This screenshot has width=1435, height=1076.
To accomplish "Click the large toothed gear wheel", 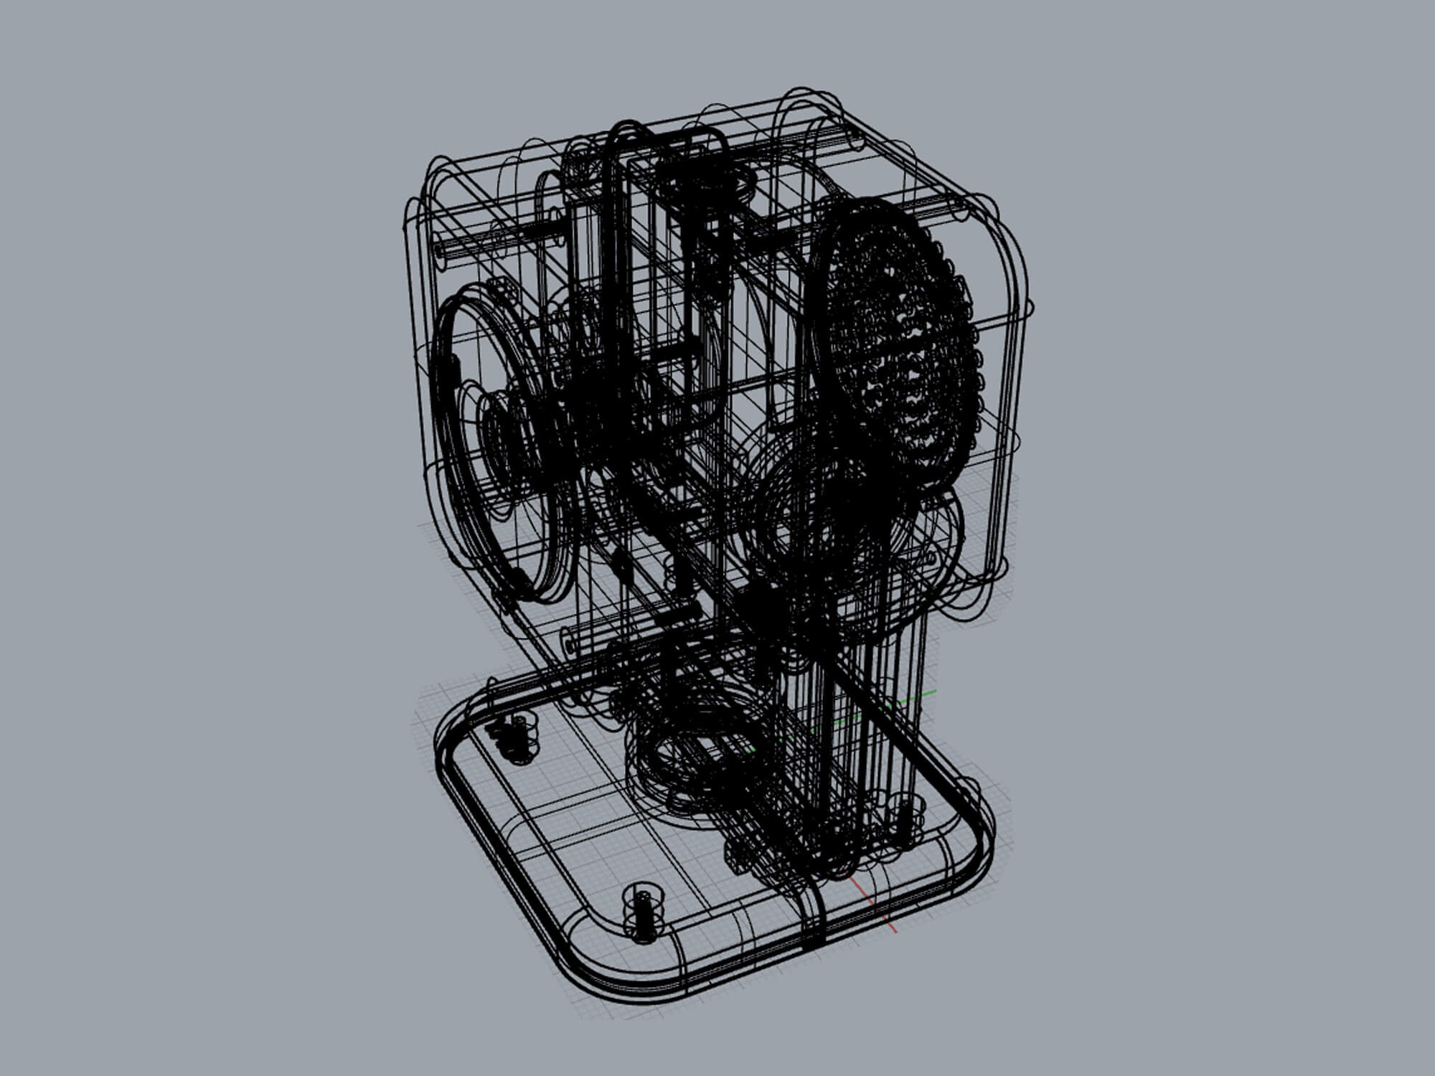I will point(897,344).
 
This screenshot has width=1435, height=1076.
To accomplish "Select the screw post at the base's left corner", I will point(515,739).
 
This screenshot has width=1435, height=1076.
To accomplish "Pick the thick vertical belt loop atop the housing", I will point(617,215).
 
